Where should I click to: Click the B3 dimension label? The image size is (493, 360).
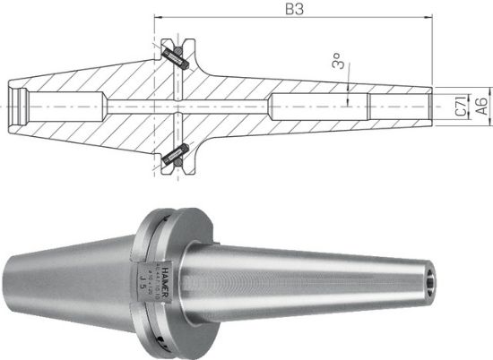tap(292, 10)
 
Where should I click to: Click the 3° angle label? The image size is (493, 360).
tap(338, 64)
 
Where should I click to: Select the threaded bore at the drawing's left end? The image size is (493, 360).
tap(20, 106)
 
